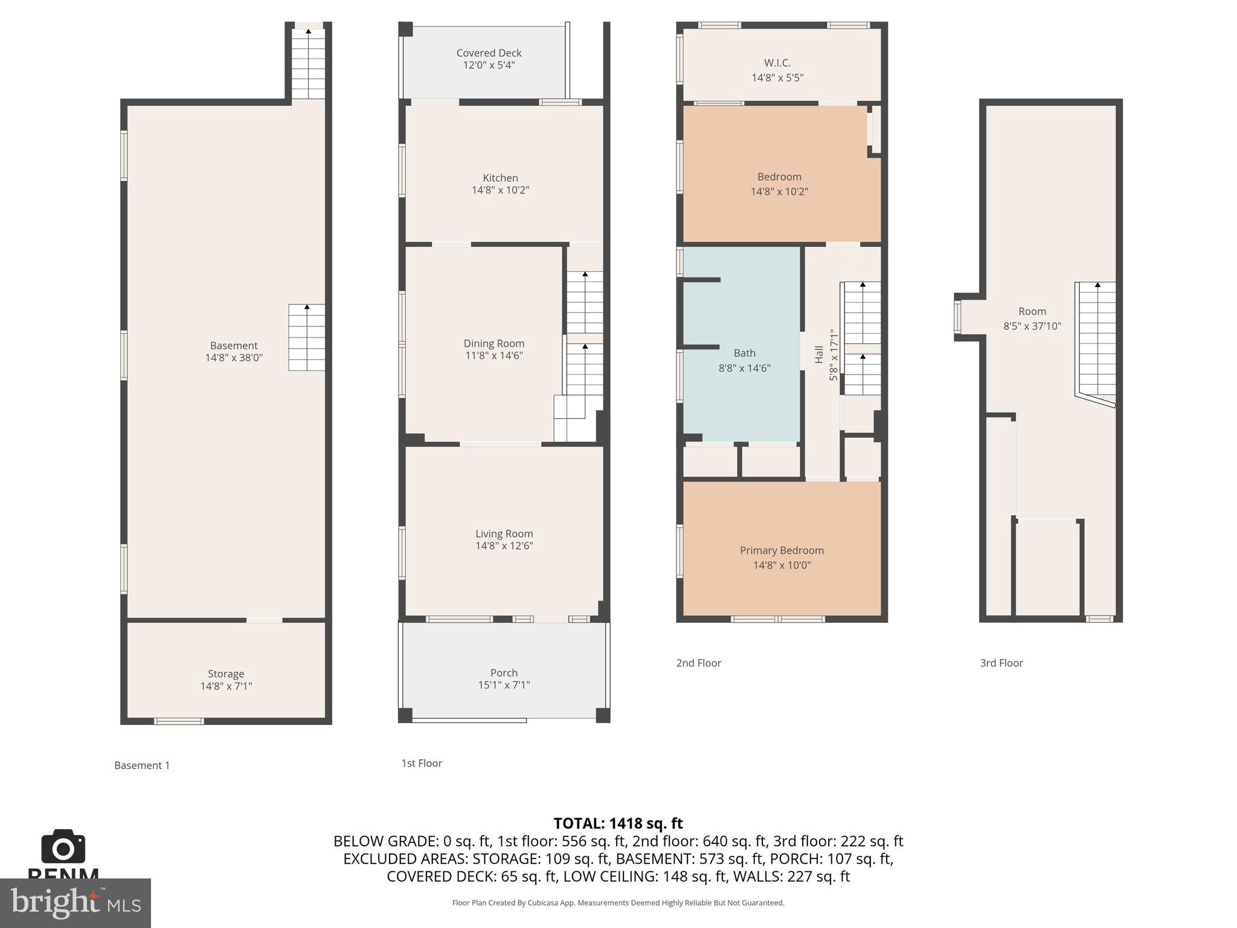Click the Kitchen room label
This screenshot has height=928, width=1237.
tap(500, 178)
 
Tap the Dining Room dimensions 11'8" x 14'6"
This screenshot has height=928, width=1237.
tap(493, 356)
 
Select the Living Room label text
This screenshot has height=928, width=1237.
tap(504, 533)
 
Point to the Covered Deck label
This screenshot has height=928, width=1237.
tap(489, 53)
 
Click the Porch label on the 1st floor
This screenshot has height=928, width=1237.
tap(504, 672)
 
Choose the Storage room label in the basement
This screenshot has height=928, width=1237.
tap(226, 674)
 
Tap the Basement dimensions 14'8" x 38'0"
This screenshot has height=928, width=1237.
tap(234, 358)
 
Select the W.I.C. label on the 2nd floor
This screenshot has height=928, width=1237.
tap(777, 63)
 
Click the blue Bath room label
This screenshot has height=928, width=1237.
tap(744, 353)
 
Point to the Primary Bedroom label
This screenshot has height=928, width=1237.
tap(782, 550)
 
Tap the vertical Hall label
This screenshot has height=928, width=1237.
tap(819, 354)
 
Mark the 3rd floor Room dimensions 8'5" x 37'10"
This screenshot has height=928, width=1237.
tap(1032, 326)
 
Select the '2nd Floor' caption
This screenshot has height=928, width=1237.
tap(698, 663)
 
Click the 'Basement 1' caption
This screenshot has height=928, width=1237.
tap(142, 765)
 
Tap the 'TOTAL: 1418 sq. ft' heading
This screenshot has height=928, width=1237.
tap(618, 823)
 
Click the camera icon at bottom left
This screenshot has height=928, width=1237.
tap(63, 847)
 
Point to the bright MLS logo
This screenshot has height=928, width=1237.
tap(76, 903)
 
